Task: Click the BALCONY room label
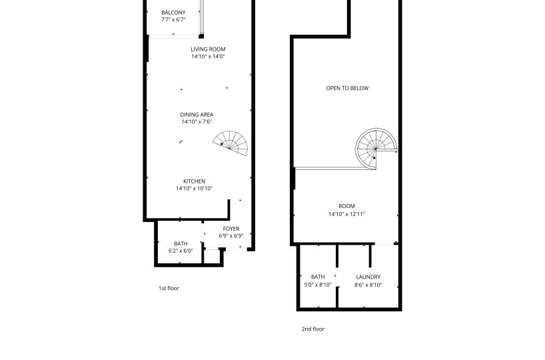click(x=173, y=13)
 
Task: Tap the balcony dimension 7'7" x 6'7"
click(x=173, y=20)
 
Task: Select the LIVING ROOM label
click(x=208, y=49)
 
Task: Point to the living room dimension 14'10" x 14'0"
click(x=208, y=57)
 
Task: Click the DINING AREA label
click(x=197, y=115)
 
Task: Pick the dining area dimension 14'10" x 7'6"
click(x=197, y=122)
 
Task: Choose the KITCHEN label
click(x=195, y=181)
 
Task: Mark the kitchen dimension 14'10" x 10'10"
click(x=195, y=189)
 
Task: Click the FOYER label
click(x=231, y=229)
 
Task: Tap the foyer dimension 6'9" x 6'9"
click(x=231, y=236)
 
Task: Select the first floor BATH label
click(x=181, y=244)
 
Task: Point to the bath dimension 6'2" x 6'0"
click(x=181, y=251)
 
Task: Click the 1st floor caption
click(x=169, y=289)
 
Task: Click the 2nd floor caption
click(x=313, y=329)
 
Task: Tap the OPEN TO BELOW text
click(x=347, y=89)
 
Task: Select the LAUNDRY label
click(x=368, y=277)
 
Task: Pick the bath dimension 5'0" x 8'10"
click(x=318, y=285)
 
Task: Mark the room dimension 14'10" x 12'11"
click(x=347, y=214)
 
